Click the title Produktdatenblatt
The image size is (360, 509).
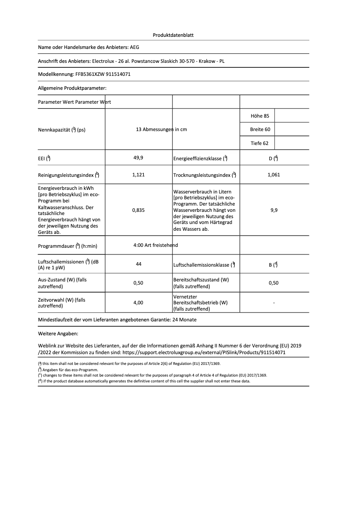(173, 35)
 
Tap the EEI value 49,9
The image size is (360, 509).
(138, 158)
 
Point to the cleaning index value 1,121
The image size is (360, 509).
(138, 175)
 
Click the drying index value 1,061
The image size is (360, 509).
(273, 175)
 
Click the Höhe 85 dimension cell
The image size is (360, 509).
(260, 116)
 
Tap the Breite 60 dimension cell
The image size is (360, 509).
(260, 130)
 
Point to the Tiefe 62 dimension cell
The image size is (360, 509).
(259, 144)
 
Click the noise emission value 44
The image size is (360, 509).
(138, 264)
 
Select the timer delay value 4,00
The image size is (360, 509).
(138, 303)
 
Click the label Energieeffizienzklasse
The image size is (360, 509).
(198, 158)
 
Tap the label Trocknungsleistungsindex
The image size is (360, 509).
(202, 175)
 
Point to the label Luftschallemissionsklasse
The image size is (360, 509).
(202, 265)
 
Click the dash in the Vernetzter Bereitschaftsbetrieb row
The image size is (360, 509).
(274, 303)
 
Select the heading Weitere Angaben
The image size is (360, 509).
(58, 334)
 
